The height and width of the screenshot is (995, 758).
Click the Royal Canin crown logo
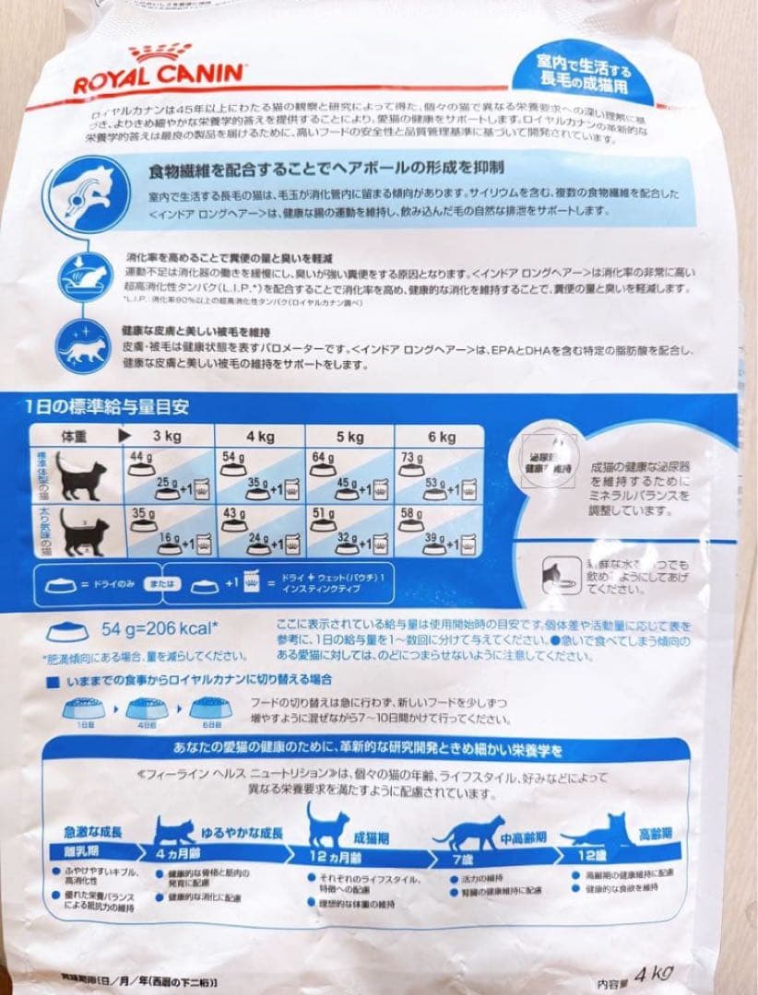(x=160, y=53)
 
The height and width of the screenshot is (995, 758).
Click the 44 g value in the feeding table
(x=140, y=458)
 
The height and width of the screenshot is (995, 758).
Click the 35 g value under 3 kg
(x=140, y=512)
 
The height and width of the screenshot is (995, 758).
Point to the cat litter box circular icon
(x=83, y=275)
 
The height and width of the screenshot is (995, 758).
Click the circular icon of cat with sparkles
(x=82, y=345)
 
